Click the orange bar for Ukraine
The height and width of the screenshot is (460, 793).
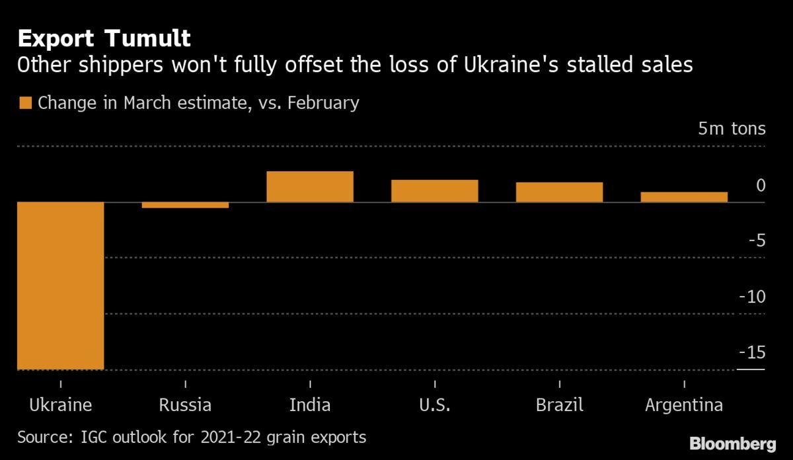(x=60, y=286)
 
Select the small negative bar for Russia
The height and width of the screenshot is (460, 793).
(x=185, y=205)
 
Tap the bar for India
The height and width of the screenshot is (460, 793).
(x=310, y=186)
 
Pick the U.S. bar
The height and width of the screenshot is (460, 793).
(x=434, y=190)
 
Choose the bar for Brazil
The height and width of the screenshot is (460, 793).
(x=559, y=192)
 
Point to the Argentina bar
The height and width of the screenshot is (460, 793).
(x=684, y=197)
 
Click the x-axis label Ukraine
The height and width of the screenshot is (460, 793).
(x=60, y=404)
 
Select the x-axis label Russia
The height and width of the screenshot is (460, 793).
(x=185, y=404)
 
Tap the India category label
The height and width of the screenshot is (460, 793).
(x=310, y=404)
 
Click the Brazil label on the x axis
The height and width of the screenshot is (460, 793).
(x=559, y=404)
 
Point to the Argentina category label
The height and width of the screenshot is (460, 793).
(x=684, y=404)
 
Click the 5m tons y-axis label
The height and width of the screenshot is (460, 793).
(x=732, y=129)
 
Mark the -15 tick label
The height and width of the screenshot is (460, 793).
(x=751, y=352)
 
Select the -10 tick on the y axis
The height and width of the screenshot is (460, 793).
(x=751, y=296)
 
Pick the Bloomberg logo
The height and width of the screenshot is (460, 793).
(x=732, y=442)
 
